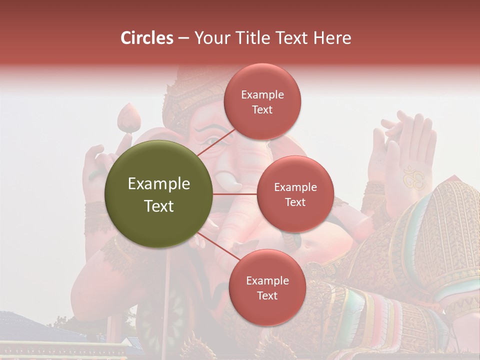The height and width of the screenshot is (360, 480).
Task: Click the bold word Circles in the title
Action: coord(146,38)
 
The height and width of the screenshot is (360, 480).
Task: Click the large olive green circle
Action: coord(158,194)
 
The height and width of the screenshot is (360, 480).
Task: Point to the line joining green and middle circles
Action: coord(235,194)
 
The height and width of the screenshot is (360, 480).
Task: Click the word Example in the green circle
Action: coord(158,183)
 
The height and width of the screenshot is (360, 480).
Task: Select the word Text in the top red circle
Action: coord(262,110)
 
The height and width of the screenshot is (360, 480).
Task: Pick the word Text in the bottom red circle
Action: coord(267,296)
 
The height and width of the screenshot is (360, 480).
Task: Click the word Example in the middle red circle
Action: coord(295,187)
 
